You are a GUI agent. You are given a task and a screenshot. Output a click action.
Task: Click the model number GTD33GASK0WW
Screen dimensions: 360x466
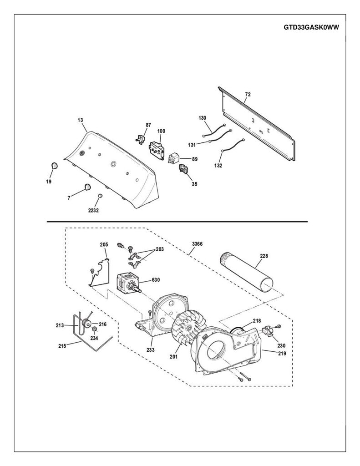[311, 27]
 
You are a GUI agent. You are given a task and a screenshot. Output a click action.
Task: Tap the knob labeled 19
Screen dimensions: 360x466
[55, 166]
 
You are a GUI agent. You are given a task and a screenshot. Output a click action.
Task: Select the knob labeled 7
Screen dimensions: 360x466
[87, 187]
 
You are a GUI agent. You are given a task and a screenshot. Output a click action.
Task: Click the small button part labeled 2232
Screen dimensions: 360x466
[100, 196]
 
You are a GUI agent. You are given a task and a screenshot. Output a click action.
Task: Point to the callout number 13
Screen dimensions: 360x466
[80, 120]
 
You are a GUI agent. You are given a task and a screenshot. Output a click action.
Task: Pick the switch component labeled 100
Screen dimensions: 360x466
[157, 150]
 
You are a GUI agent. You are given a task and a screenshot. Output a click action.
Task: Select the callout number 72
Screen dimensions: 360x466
[248, 94]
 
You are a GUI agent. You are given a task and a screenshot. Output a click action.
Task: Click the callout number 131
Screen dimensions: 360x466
[192, 145]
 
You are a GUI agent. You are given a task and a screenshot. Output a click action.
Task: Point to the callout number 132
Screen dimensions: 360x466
[218, 166]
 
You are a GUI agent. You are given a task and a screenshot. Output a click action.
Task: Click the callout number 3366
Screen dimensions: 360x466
[197, 244]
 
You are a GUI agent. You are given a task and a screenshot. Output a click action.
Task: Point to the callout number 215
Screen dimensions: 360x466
[62, 346]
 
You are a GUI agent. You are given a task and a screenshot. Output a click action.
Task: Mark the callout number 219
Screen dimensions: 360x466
[282, 353]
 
